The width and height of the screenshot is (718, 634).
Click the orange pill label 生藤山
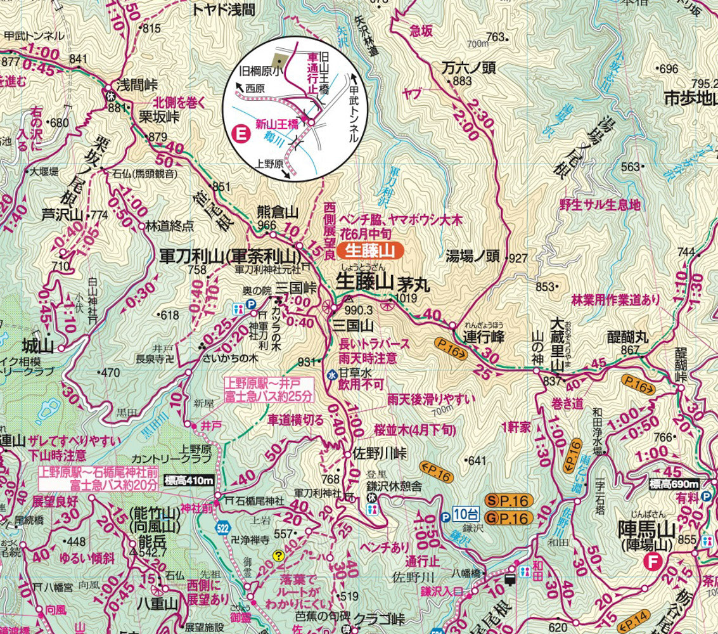pyautogui.click(x=371, y=251)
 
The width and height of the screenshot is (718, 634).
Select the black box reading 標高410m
pyautogui.click(x=189, y=481)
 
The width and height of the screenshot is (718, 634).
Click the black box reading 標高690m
pyautogui.click(x=674, y=485)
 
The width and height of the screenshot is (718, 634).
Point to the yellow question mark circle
pyautogui.click(x=278, y=556)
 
